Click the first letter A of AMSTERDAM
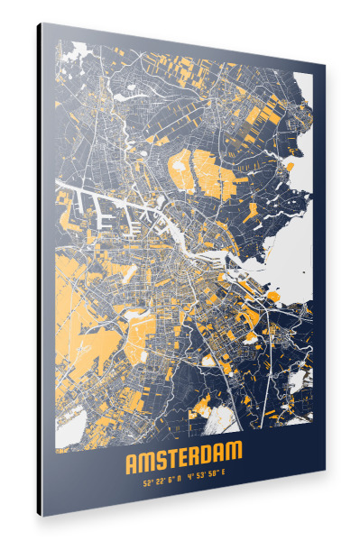tap(132, 463)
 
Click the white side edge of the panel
tap(39, 270)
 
